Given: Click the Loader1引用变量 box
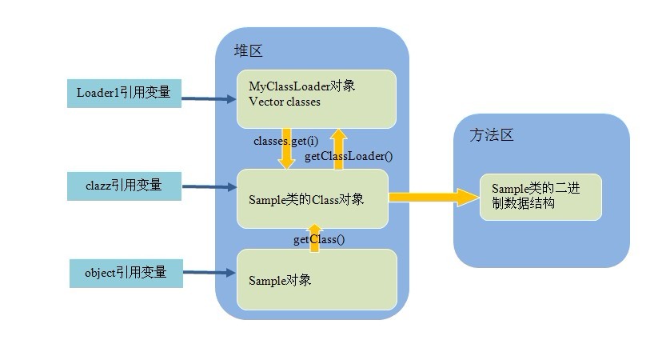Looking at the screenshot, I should pos(123,93).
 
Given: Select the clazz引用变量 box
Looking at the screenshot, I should pos(123,186).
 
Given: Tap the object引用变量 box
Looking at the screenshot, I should pos(123,272).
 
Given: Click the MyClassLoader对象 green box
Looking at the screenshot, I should pos(316,98).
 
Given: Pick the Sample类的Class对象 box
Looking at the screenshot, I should pos(312,198).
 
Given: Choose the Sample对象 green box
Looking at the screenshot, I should pos(317,279).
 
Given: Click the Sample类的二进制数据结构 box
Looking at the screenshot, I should pos(540,197).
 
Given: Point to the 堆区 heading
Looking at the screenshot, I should pos(248,51).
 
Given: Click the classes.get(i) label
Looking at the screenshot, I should pos(280,141).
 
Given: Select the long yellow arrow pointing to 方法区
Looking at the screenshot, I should pos(433,197).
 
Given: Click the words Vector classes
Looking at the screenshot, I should pos(285,102).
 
